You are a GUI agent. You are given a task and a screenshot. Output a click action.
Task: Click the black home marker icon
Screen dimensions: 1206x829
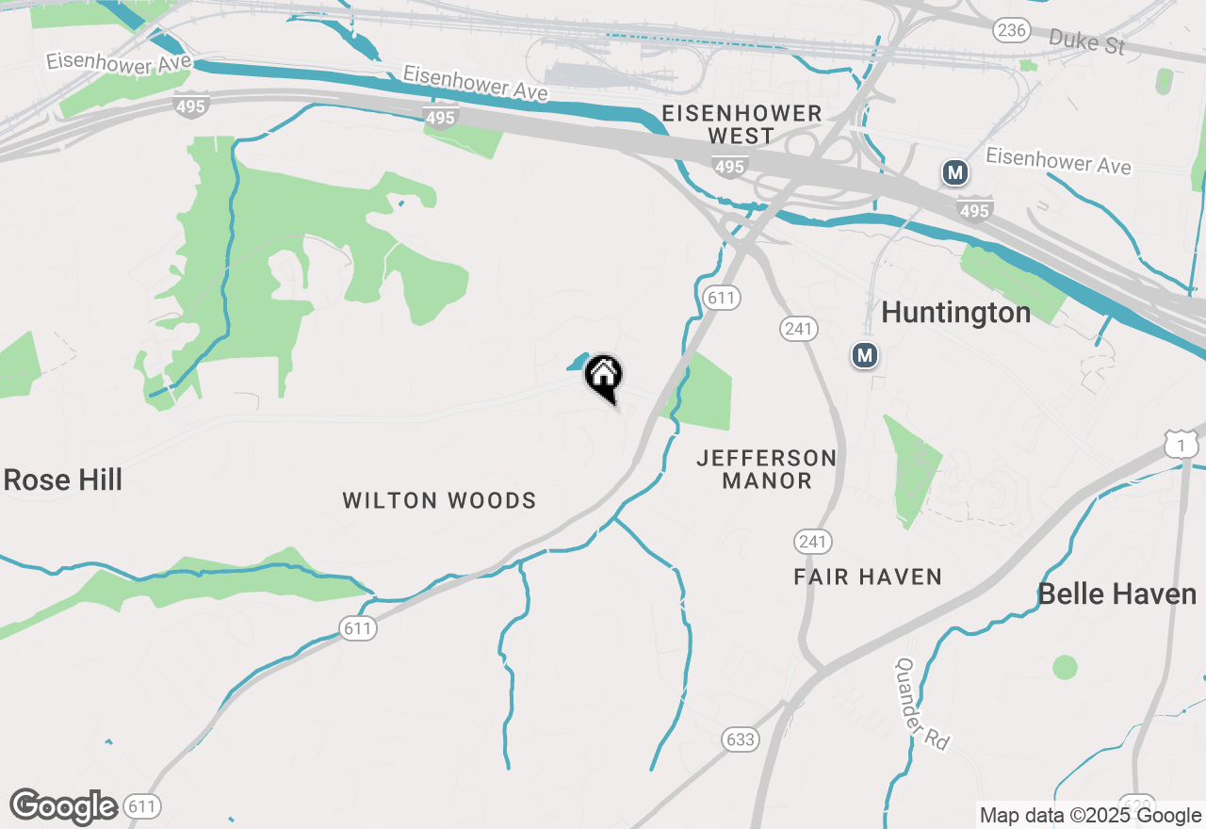[x=604, y=376]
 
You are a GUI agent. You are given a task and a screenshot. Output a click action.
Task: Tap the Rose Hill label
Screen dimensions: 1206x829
[x=63, y=480]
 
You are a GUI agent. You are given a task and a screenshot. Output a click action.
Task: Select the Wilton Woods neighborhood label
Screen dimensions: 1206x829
[x=439, y=500]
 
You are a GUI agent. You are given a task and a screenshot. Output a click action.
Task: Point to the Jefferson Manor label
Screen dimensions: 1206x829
[x=766, y=469]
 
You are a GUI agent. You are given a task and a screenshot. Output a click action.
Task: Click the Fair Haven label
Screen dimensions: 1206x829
[x=868, y=577]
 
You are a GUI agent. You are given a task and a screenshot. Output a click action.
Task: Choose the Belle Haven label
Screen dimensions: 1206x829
[x=1116, y=594]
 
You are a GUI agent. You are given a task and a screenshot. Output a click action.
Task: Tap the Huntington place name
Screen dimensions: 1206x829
[x=955, y=312]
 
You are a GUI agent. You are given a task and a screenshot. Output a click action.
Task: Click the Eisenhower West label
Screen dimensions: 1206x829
[x=742, y=124]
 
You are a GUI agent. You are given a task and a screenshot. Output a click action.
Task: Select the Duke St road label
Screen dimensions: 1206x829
[x=1086, y=41]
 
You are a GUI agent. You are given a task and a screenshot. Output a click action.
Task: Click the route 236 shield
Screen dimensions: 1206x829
[x=1010, y=30]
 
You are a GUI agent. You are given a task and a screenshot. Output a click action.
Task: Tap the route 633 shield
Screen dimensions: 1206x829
[x=741, y=740]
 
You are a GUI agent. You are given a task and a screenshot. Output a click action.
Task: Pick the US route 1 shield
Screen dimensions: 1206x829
[x=1181, y=445]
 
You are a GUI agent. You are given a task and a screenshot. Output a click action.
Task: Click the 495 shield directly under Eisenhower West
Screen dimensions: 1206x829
[x=729, y=167]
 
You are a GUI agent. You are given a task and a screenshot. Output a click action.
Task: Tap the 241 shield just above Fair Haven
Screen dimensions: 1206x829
[x=812, y=542]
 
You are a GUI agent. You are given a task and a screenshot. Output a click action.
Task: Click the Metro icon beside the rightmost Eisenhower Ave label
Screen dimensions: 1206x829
[x=955, y=172]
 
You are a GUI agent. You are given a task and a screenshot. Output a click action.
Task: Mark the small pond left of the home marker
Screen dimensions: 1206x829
[x=576, y=363]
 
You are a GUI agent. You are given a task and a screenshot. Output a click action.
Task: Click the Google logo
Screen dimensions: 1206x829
[x=63, y=806]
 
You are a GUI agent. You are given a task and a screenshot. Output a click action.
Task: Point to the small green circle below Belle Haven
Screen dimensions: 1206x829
[x=1065, y=667]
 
